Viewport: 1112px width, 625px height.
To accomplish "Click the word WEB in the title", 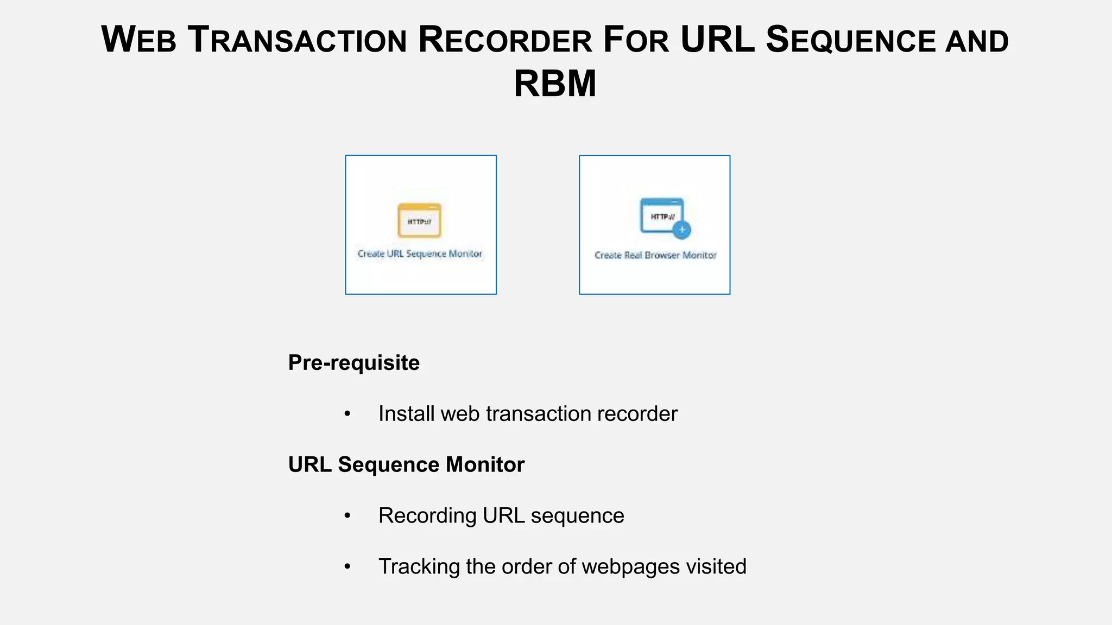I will (x=139, y=40).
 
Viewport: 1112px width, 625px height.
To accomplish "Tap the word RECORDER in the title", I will (x=504, y=40).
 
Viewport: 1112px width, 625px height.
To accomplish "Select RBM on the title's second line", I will (x=555, y=84).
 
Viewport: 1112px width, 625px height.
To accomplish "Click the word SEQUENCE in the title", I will (x=850, y=40).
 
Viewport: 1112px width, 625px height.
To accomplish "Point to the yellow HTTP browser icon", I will (x=419, y=220).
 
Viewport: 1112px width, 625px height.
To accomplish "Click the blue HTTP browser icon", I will (x=662, y=216).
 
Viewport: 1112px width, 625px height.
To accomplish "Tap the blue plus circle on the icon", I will (x=681, y=230).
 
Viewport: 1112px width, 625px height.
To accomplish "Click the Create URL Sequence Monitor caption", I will (x=420, y=254).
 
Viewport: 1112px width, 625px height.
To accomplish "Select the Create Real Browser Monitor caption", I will (x=655, y=255).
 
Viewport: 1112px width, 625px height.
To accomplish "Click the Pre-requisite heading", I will (x=353, y=362).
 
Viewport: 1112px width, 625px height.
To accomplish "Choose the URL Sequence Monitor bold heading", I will (x=406, y=464).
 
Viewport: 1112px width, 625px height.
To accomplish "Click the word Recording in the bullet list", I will (x=427, y=515).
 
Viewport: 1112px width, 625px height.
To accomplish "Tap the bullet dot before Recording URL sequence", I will (x=347, y=516).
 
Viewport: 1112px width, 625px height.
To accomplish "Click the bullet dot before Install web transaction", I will (x=347, y=414).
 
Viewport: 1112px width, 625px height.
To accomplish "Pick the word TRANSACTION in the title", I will (x=297, y=40).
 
